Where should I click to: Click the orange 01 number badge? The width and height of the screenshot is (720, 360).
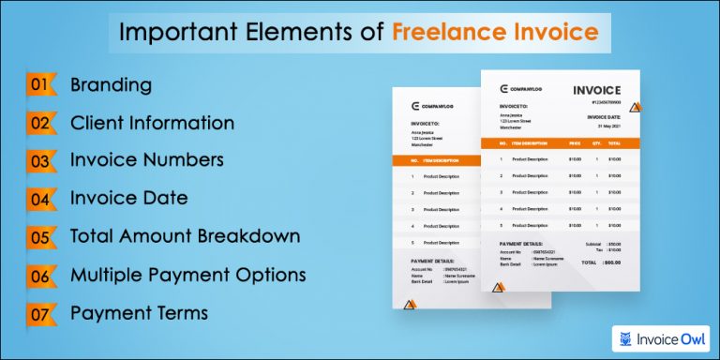(39, 84)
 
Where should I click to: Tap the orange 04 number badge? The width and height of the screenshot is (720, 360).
(39, 198)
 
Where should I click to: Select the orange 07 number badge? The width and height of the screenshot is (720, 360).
(39, 312)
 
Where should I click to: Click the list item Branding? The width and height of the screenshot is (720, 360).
(111, 84)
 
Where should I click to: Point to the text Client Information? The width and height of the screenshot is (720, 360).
(152, 122)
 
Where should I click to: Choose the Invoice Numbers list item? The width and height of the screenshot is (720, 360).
(146, 159)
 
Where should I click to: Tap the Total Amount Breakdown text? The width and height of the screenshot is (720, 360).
(185, 235)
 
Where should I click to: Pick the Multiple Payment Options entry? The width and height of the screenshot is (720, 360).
(187, 275)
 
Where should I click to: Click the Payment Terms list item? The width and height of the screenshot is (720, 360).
(139, 312)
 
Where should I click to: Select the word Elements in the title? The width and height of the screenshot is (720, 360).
(309, 33)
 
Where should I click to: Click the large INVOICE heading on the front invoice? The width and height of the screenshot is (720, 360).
(596, 90)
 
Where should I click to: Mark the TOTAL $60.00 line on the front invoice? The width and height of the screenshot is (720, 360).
(600, 262)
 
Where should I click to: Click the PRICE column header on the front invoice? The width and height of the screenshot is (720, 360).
(574, 143)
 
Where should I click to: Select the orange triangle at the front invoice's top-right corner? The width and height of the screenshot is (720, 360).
(635, 109)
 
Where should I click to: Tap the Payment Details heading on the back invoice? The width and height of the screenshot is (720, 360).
(432, 262)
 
